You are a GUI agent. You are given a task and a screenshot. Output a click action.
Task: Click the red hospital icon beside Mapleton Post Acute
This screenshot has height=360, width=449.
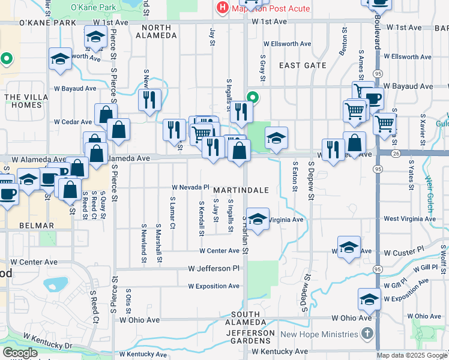(222, 8)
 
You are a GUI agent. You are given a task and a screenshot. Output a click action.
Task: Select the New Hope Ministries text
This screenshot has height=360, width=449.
(319, 334)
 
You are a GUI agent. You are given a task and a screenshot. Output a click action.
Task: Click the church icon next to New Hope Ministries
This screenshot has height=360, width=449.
(368, 334)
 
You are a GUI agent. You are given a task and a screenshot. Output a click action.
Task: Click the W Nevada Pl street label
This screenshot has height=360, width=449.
(190, 187)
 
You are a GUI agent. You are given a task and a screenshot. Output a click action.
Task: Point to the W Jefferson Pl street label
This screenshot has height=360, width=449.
(213, 268)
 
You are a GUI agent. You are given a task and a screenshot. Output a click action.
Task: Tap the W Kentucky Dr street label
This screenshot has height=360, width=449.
(47, 342)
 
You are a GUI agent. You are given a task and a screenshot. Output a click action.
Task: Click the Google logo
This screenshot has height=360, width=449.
(20, 353)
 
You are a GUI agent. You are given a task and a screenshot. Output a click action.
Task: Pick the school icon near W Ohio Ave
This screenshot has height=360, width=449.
(369, 298)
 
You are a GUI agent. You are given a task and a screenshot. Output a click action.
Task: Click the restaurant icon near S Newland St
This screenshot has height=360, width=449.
(149, 99)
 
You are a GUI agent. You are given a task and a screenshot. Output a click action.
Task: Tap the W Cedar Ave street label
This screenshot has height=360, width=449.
(73, 122)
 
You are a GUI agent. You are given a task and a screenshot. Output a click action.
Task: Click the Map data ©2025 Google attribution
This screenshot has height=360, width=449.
(412, 355)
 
